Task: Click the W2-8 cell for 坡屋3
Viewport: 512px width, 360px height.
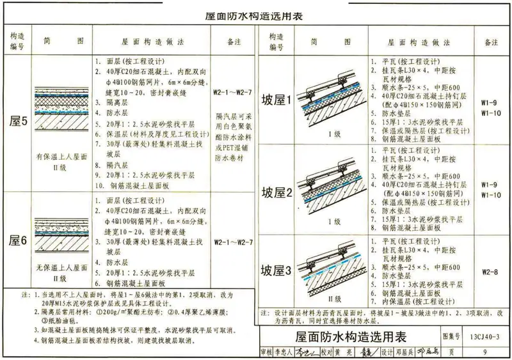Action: pos(490,271)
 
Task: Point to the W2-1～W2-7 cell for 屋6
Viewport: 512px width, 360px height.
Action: pos(234,242)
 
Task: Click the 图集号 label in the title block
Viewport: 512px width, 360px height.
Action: pos(451,336)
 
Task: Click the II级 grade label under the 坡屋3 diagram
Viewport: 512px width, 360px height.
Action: pos(333,298)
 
